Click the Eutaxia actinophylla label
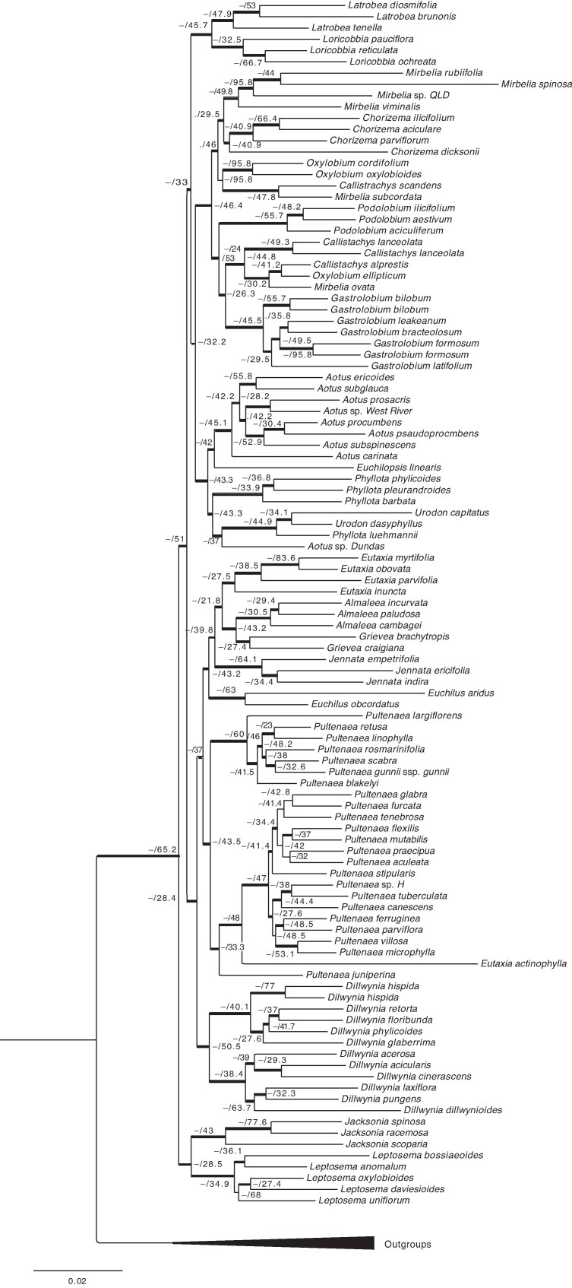point(523,963)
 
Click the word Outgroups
point(407,1245)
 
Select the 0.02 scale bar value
point(77,1281)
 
